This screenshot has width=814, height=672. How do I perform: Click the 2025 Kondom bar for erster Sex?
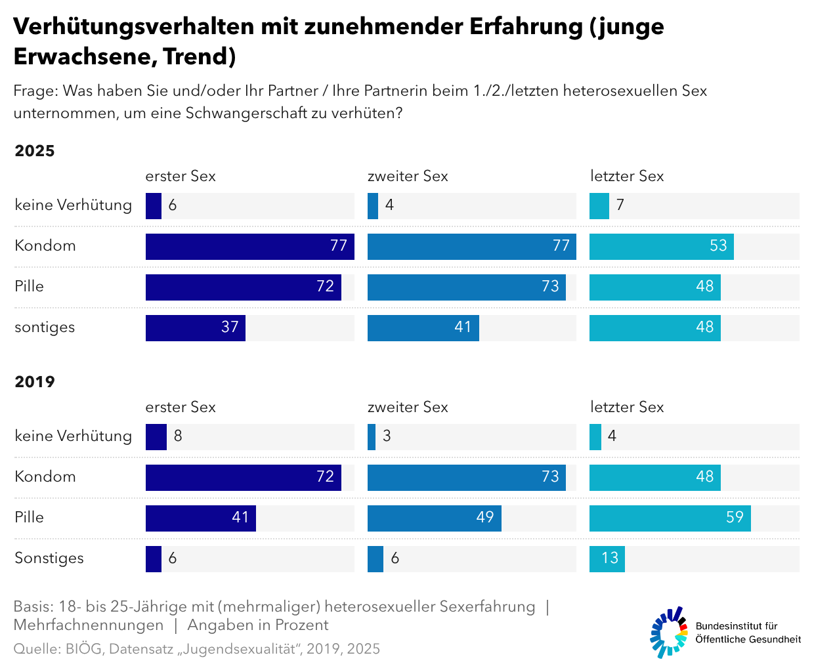[249, 247]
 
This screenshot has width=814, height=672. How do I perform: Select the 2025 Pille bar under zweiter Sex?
[466, 287]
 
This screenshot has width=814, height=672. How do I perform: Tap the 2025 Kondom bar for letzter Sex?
[661, 247]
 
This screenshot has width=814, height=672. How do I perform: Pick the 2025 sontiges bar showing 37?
[195, 328]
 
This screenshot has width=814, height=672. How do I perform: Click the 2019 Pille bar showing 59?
[670, 518]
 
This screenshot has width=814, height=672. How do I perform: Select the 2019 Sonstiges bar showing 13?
[607, 559]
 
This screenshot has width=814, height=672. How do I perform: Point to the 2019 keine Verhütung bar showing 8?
[156, 437]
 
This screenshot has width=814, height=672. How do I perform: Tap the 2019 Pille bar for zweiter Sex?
[434, 518]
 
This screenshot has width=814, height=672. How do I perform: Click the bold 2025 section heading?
[35, 151]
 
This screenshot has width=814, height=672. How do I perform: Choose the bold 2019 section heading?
[35, 382]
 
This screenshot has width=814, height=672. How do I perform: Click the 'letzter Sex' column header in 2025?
[627, 176]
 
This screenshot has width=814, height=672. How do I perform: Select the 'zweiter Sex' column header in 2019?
[408, 407]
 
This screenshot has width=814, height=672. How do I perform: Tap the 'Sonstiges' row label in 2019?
[49, 558]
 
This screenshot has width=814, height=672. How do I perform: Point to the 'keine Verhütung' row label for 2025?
[73, 205]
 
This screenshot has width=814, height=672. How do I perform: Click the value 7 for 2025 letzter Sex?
[620, 205]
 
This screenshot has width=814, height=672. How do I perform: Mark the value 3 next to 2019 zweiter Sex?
[387, 436]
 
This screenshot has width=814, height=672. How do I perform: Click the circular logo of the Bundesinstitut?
[669, 632]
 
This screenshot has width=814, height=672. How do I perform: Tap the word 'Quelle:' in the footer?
[37, 649]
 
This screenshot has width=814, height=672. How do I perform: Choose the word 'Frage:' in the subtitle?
[35, 91]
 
